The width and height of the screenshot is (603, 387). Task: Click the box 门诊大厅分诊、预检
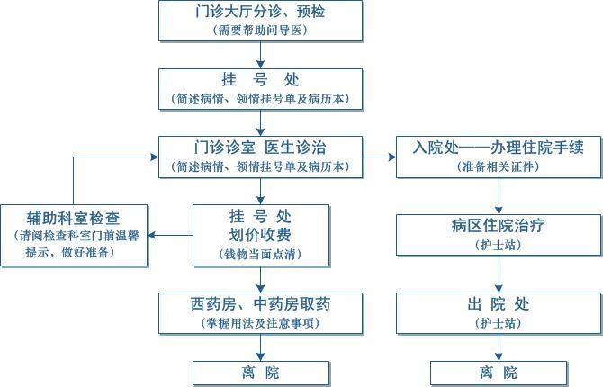point(261,21)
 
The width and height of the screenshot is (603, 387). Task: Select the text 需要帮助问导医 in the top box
point(261,30)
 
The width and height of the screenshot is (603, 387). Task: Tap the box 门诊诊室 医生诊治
point(261,156)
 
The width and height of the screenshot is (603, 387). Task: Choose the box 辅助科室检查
point(74,235)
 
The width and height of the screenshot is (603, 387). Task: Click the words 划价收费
point(261,235)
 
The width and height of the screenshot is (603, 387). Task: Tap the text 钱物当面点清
point(261,255)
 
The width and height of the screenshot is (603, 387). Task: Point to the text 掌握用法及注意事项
point(261,323)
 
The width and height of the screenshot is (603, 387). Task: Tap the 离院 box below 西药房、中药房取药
point(261,373)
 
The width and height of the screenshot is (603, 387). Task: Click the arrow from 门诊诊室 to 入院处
point(380,157)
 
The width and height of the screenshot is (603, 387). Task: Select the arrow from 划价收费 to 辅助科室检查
point(170,235)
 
